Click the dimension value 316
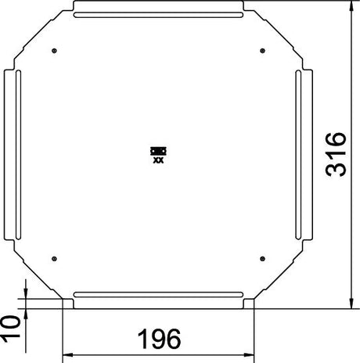(x=337, y=155)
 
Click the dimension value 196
(x=159, y=339)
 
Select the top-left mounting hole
(x=54, y=51)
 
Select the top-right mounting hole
(x=263, y=51)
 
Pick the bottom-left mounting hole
(x=54, y=259)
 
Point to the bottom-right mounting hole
(x=263, y=259)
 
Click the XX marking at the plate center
(x=158, y=160)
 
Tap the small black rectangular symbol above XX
(x=158, y=151)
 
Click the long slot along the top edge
(x=158, y=15)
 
